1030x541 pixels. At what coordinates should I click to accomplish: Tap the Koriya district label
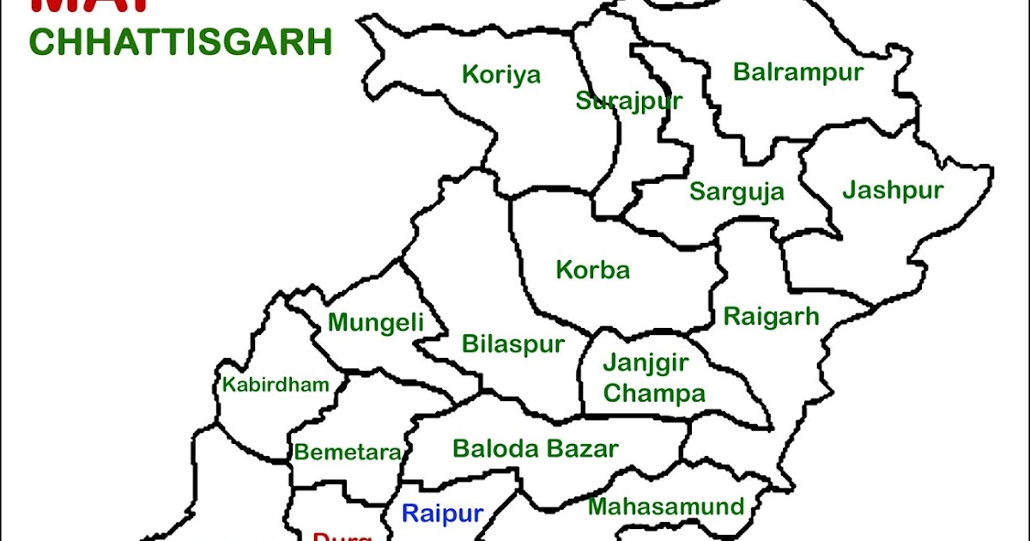501,75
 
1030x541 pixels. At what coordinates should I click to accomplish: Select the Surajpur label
628,101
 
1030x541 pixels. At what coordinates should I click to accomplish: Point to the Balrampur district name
797,72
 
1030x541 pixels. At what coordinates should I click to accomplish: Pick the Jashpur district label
893,190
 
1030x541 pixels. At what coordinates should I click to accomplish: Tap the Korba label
592,270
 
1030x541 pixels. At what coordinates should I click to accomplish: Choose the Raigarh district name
772,315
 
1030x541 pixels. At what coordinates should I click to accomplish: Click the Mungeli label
376,323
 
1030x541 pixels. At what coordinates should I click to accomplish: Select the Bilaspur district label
513,344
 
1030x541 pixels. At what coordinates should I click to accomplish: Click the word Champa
654,393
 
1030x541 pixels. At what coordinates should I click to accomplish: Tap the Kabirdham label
276,385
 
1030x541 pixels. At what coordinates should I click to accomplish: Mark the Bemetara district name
347,453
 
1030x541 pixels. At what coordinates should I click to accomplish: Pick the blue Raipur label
443,514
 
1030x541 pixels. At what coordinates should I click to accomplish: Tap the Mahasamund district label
665,507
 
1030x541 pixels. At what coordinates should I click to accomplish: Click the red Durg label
342,535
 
